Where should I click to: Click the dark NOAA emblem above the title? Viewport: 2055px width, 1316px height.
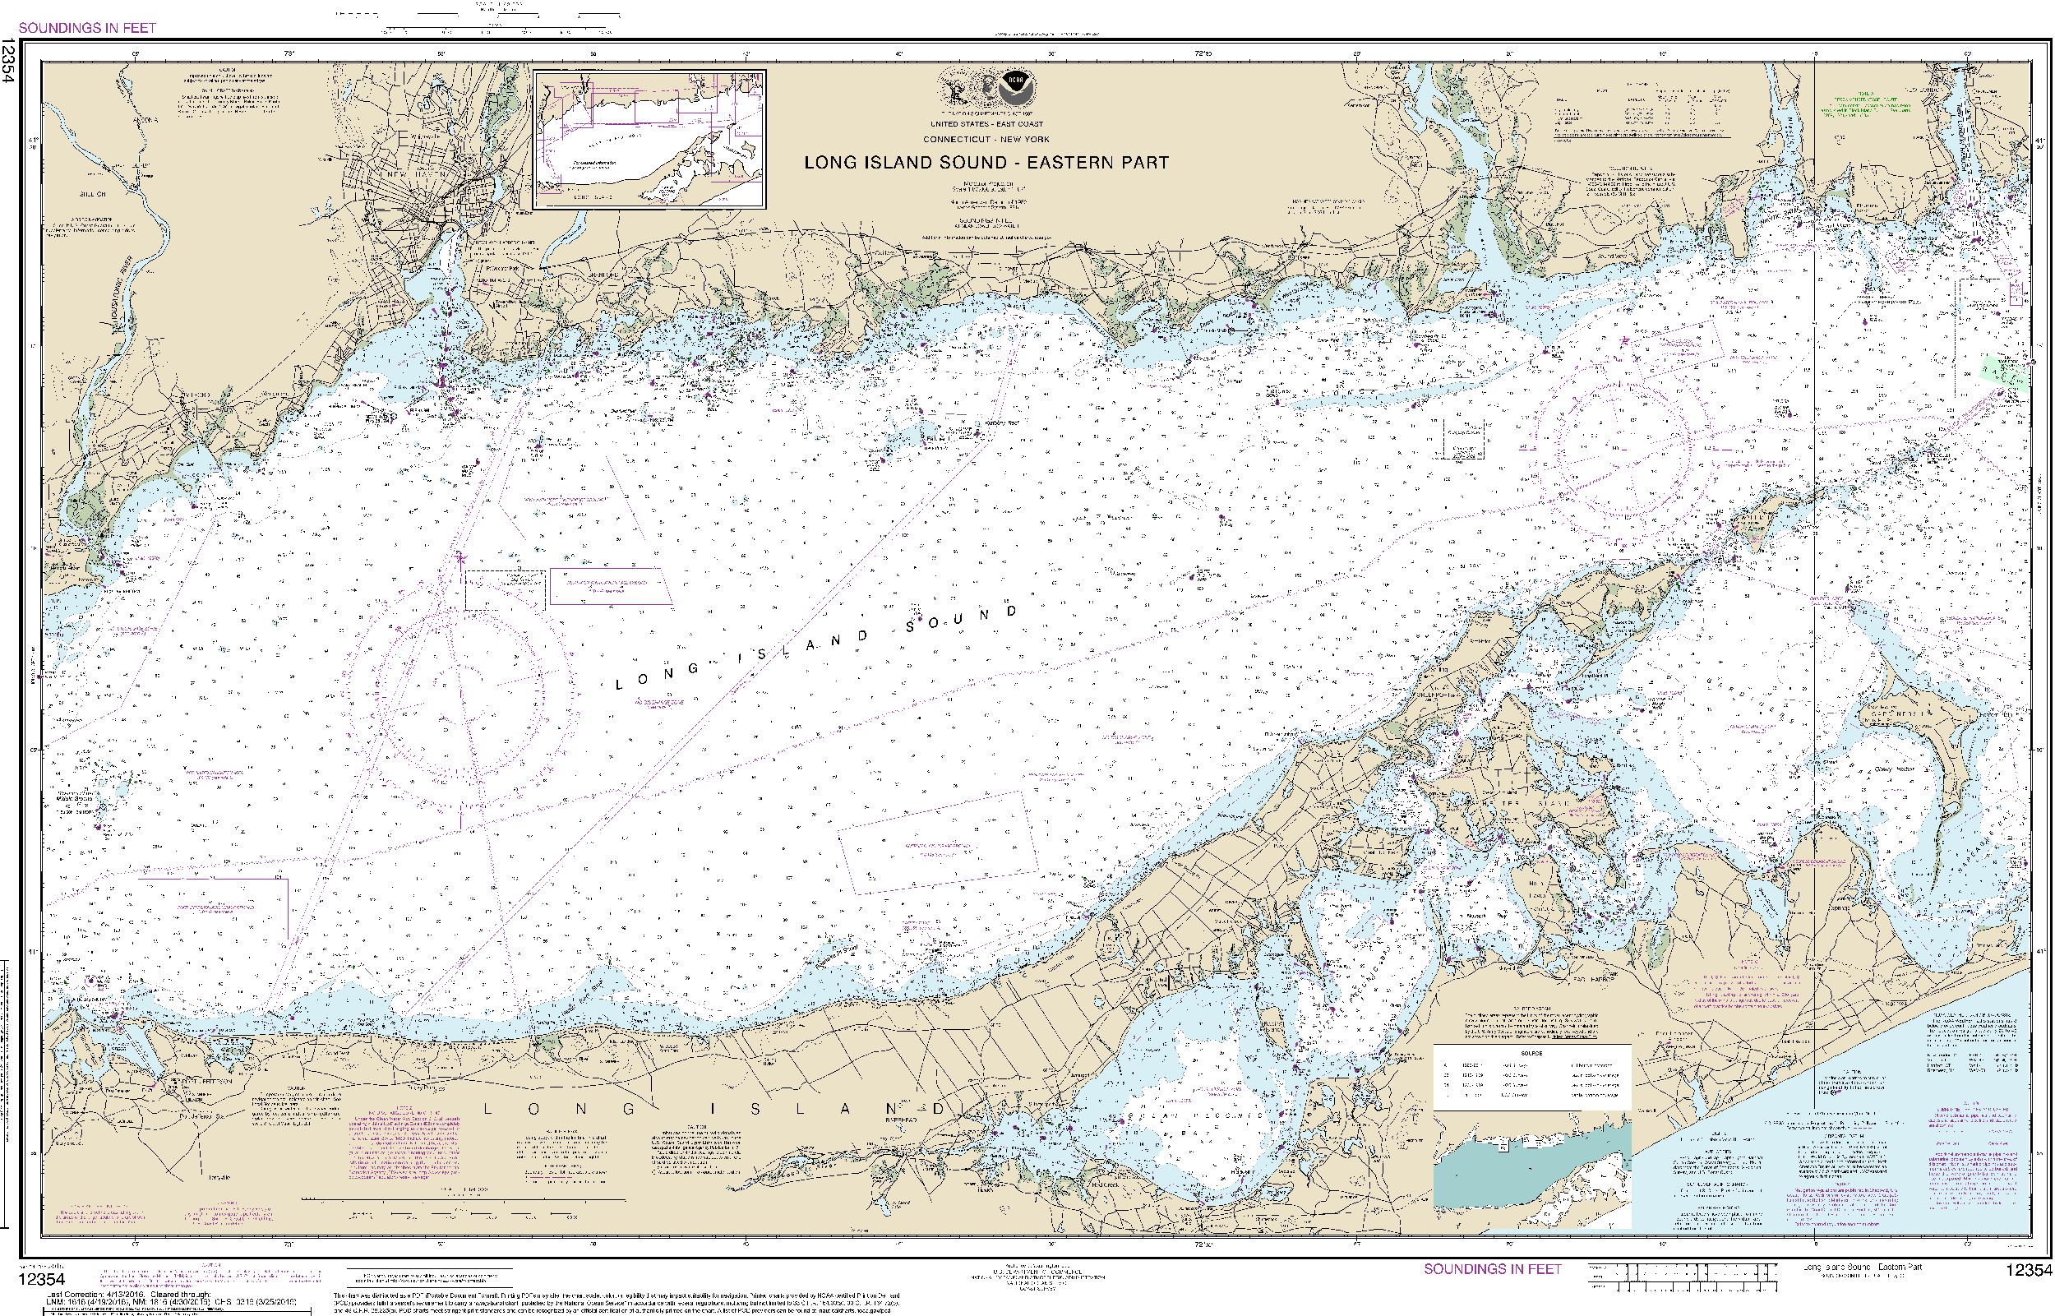[1016, 85]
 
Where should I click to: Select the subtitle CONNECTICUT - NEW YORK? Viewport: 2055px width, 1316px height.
[986, 139]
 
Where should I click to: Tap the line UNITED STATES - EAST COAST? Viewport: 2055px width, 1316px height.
[986, 124]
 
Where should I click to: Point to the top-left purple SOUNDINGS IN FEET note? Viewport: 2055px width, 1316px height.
[87, 28]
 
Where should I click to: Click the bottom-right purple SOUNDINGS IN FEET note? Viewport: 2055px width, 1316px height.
[1492, 1269]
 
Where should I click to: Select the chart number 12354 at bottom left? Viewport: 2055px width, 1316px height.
[41, 1279]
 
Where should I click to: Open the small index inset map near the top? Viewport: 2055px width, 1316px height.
[649, 139]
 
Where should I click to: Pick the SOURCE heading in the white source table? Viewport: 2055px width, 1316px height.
[1531, 1053]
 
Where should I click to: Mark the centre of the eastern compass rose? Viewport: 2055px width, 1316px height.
[1623, 444]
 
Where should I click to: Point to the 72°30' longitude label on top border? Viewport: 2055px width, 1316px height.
[1203, 53]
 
